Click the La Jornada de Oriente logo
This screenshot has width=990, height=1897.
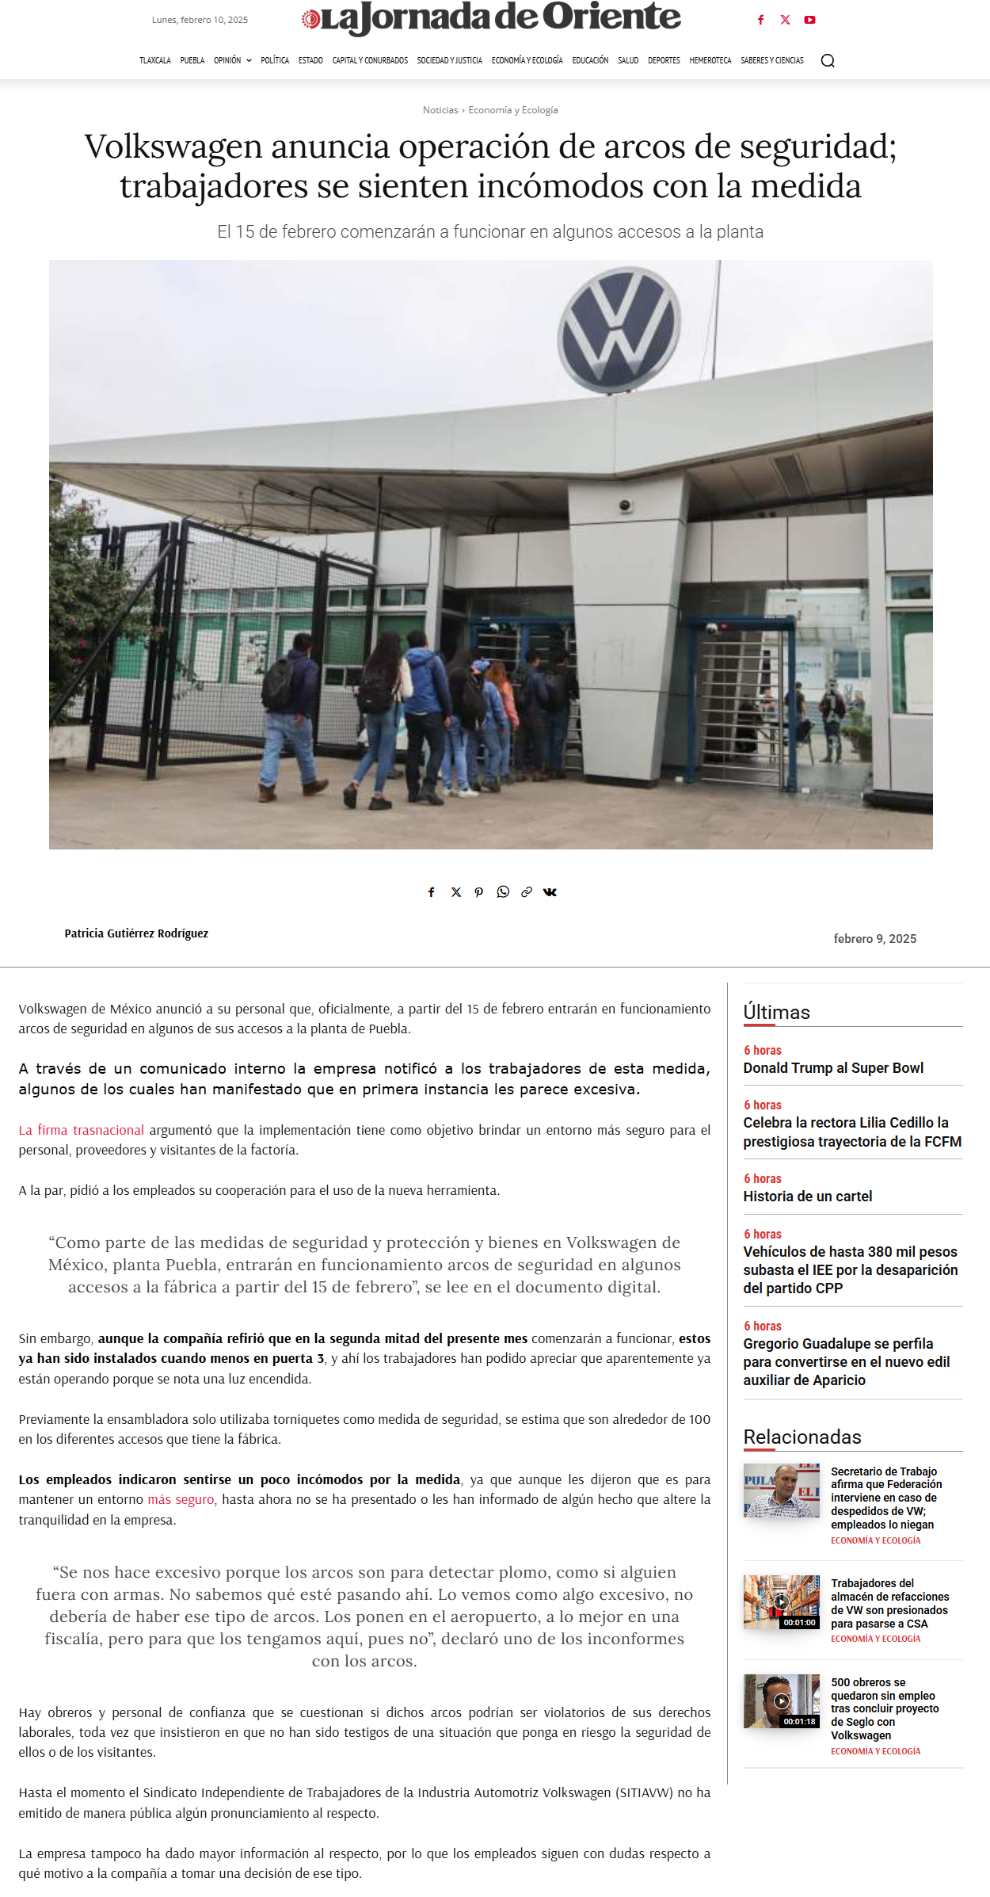491,18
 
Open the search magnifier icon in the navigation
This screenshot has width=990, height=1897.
828,61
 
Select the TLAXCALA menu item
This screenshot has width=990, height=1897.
155,61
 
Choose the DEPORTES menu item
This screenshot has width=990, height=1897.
664,61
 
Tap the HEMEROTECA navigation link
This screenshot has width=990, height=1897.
710,61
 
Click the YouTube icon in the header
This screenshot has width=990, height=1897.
809,21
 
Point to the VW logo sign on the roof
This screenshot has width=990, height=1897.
619,329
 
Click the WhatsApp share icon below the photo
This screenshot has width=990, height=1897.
503,892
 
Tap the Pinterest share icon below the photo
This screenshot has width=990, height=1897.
478,892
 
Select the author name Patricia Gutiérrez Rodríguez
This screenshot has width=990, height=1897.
136,933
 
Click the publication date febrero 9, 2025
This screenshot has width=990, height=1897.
874,939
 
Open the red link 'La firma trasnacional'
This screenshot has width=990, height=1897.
82,1130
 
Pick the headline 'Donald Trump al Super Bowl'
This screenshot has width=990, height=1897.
833,1068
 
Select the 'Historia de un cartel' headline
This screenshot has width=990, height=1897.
807,1197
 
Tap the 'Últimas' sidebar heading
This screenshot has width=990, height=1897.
776,1013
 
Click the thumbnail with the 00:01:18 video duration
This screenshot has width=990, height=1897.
781,1701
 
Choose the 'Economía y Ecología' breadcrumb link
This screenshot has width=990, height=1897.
513,110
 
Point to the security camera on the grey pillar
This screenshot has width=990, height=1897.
626,506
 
